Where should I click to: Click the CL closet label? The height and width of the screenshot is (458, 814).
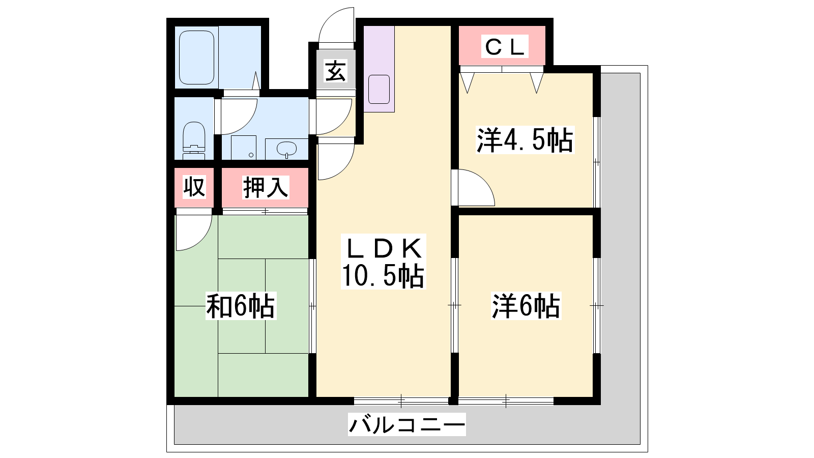click(505, 46)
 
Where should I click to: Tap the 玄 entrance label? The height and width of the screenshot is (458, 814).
click(335, 71)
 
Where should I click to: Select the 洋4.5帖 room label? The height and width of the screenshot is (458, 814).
click(525, 139)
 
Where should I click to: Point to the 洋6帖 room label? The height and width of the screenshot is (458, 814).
click(526, 306)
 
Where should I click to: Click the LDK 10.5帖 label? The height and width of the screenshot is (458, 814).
click(383, 262)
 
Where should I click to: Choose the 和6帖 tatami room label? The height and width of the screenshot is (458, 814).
click(241, 306)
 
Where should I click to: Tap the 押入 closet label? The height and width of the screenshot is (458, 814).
click(266, 188)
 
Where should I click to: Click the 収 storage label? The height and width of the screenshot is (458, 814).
click(194, 187)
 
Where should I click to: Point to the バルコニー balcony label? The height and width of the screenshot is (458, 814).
click(406, 424)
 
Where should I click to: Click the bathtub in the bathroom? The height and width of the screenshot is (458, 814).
click(196, 58)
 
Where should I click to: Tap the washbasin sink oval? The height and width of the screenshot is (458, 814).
click(287, 148)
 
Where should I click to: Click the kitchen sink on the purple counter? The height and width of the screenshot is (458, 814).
click(379, 89)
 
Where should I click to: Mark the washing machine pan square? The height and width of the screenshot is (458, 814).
click(244, 148)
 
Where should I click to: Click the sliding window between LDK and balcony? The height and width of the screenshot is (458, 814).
click(401, 401)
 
